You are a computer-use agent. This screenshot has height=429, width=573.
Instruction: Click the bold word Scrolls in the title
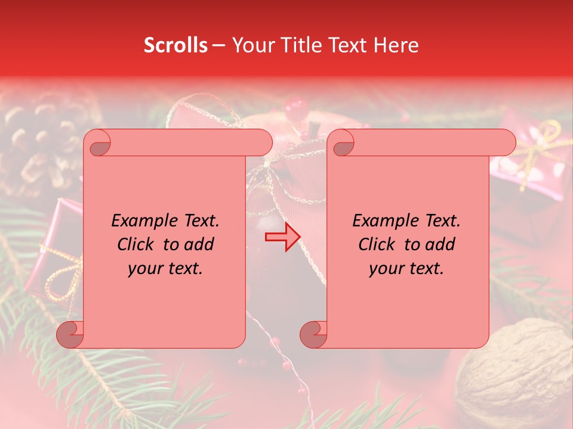click(x=175, y=45)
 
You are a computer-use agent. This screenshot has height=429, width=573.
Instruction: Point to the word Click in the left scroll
click(x=137, y=244)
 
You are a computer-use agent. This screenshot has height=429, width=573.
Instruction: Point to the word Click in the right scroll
click(x=378, y=244)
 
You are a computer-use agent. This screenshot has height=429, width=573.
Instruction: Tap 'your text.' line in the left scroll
click(x=165, y=268)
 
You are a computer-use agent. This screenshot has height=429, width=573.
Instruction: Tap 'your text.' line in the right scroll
click(x=406, y=268)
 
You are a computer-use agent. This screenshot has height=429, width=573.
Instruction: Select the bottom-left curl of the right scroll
click(x=314, y=334)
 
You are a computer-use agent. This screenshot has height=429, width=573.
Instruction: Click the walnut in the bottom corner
click(x=519, y=369)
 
